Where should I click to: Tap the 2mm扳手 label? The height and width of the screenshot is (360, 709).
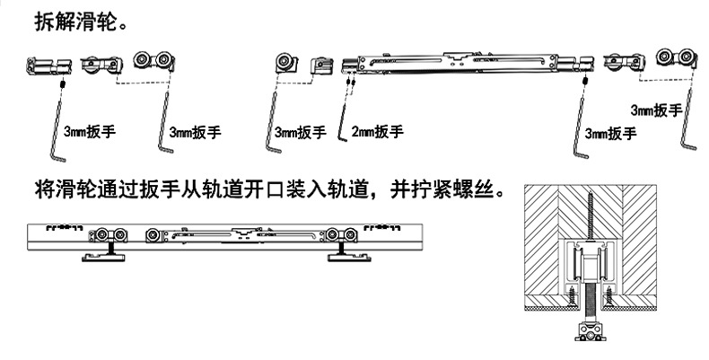point(377,132)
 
